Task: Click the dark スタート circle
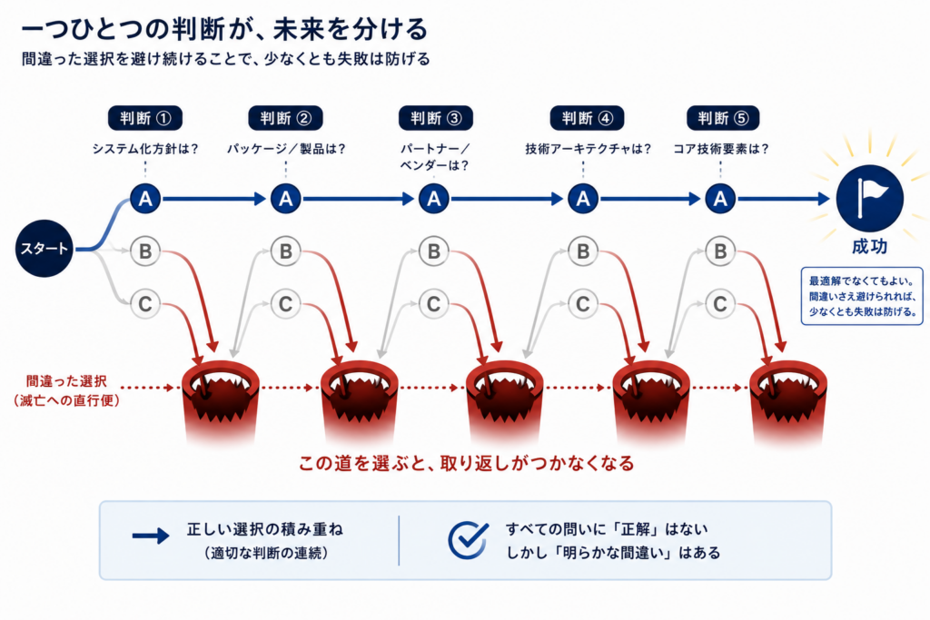pos(44,249)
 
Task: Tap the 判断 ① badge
pos(144,118)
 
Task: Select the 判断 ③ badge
pos(435,118)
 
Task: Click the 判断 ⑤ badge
pos(722,118)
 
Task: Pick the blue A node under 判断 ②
pos(286,199)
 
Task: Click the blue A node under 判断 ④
pos(583,199)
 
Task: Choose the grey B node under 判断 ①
pos(145,251)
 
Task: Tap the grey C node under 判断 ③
pos(434,304)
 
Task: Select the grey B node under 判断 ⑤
pos(720,251)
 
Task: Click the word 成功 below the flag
pos(869,246)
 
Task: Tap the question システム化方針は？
pos(145,149)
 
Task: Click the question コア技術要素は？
pos(720,149)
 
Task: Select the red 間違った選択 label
pos(66,381)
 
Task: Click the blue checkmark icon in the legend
pos(468,539)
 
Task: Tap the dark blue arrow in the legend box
pos(151,536)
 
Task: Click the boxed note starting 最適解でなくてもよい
pos(862,296)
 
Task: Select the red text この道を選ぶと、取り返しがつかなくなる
pos(466,463)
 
